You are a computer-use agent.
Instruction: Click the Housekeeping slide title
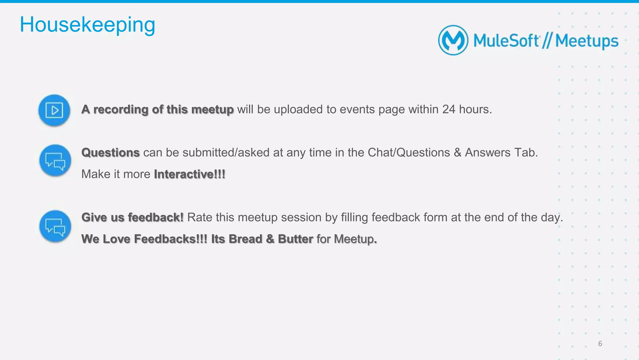[x=87, y=25]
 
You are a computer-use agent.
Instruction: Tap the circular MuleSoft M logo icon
[x=453, y=40]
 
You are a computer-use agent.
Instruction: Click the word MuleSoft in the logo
[x=506, y=41]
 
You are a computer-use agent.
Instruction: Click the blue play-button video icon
[x=54, y=110]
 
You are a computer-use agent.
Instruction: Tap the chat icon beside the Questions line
[x=55, y=160]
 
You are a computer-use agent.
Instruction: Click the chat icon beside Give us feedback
[x=55, y=226]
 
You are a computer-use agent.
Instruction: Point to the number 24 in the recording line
[x=449, y=109]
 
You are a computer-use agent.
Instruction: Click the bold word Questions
[x=110, y=153]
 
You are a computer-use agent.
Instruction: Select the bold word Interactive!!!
[x=190, y=174]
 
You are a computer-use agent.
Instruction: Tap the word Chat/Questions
[x=409, y=153]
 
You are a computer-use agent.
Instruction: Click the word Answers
[x=488, y=153]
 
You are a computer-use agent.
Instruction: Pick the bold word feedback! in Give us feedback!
[x=156, y=217]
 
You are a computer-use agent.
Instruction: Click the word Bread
[x=245, y=239]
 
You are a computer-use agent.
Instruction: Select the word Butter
[x=295, y=239]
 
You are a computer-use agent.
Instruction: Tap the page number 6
[x=600, y=344]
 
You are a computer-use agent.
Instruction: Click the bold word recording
[x=121, y=110]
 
